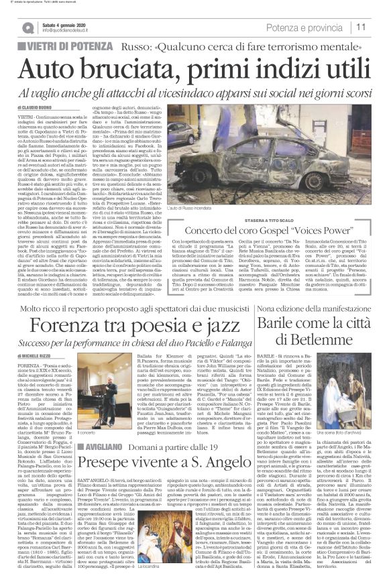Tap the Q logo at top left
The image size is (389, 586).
pos(27,27)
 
